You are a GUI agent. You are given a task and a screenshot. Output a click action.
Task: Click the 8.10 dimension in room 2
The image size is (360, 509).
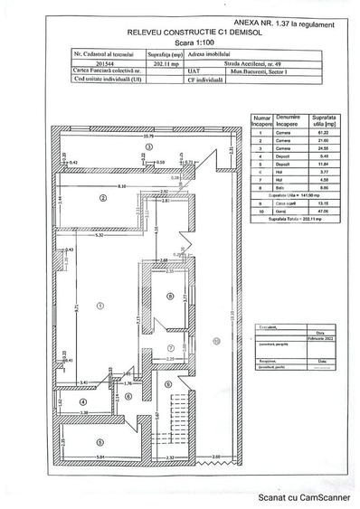pos(120,186)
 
